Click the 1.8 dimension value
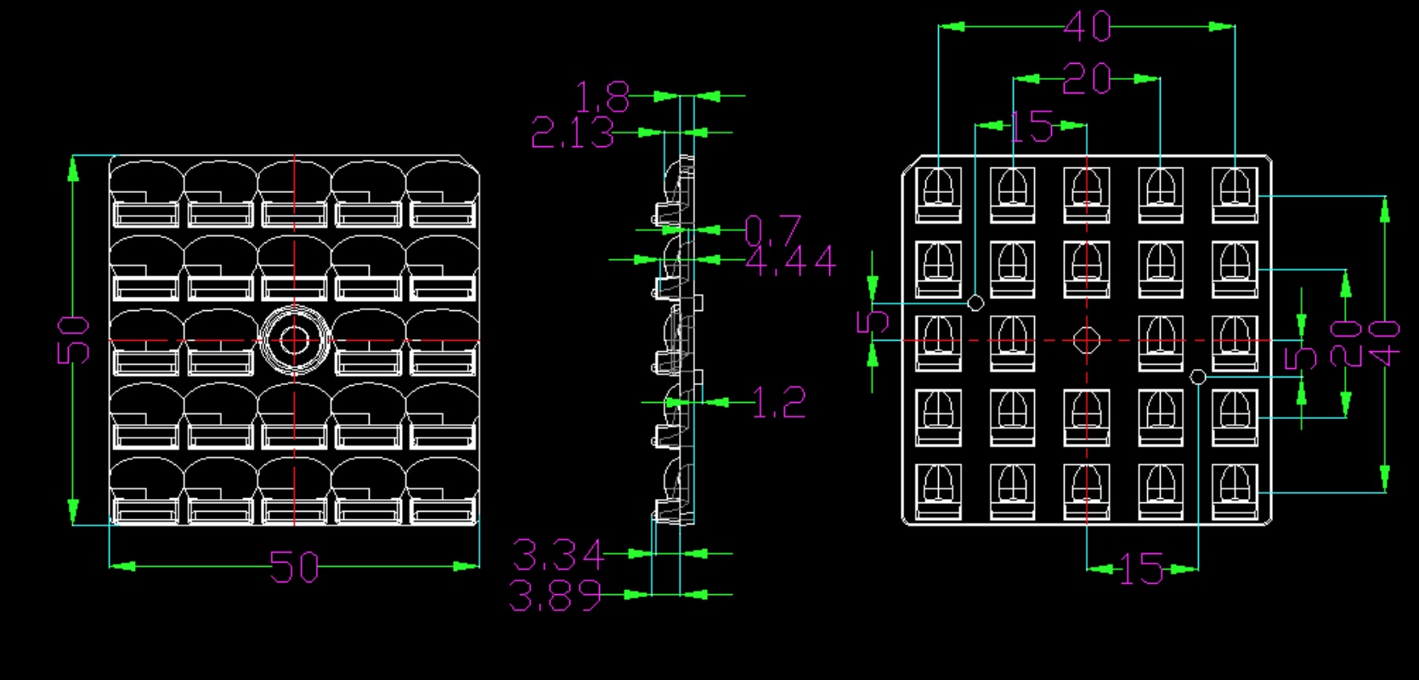coord(602,98)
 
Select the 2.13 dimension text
coord(573,133)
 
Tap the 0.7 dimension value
coord(773,230)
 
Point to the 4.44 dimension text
coord(791,261)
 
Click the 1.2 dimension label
coord(779,402)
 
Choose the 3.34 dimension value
coord(558,555)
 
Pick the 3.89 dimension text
coord(556,595)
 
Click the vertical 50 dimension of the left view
coord(74,340)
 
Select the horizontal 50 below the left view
coord(294,567)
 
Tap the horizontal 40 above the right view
coord(1087,27)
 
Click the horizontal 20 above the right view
coord(1087,79)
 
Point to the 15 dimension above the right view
coord(1032,127)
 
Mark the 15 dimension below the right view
coord(1141,569)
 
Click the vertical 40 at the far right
coord(1385,343)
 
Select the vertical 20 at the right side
coord(1346,343)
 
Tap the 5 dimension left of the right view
coord(873,321)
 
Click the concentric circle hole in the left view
coord(294,340)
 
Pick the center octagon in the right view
coord(1086,340)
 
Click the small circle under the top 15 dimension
coord(976,303)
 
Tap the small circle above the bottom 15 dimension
coord(1197,377)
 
